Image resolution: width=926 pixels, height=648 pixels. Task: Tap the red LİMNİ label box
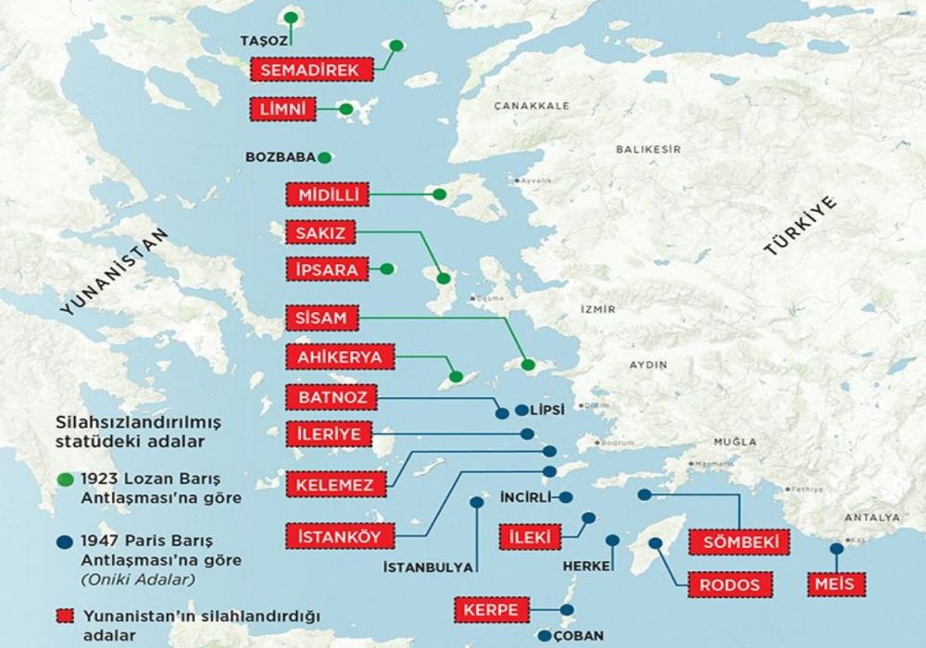pyautogui.click(x=282, y=109)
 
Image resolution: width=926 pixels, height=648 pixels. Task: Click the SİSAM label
pyautogui.click(x=320, y=318)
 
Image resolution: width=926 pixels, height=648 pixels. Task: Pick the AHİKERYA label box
pyautogui.click(x=334, y=356)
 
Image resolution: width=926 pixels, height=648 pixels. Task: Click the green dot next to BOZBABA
pyautogui.click(x=325, y=157)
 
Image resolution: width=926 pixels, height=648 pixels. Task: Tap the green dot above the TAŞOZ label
pyautogui.click(x=292, y=17)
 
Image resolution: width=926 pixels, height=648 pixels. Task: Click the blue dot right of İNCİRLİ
pyautogui.click(x=564, y=497)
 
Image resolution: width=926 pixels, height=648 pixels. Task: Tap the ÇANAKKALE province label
pyautogui.click(x=531, y=106)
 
